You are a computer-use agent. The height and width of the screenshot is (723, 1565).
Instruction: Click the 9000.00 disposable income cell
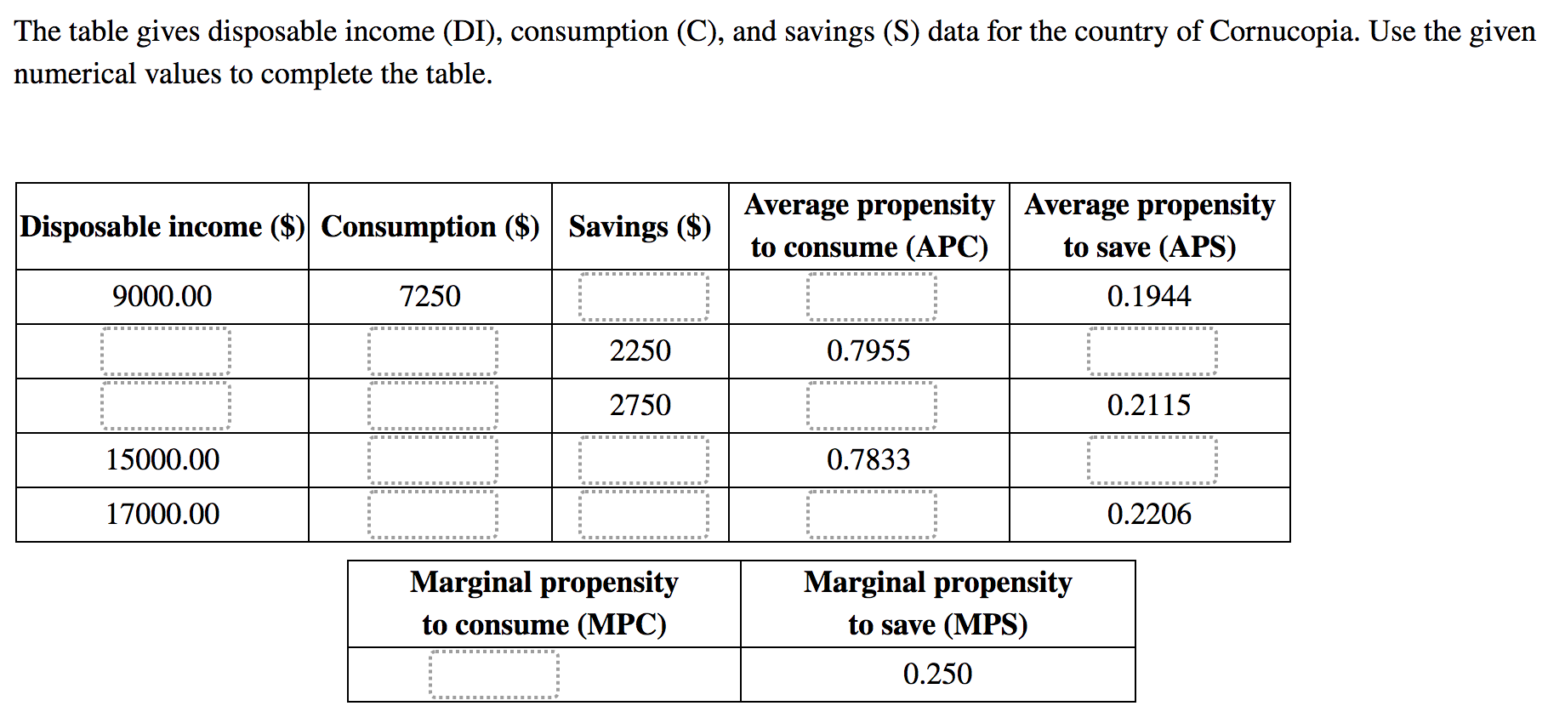[x=162, y=296]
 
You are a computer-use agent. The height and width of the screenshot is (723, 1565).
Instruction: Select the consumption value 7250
[x=430, y=296]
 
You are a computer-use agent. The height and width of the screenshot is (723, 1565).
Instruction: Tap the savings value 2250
[x=640, y=350]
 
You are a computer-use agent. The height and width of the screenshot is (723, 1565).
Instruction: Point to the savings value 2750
[x=640, y=405]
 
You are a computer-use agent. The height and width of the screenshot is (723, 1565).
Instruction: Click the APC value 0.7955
[x=868, y=350]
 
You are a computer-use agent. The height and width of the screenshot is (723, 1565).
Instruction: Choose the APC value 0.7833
[x=868, y=459]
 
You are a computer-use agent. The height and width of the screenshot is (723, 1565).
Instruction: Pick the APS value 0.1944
[x=1149, y=296]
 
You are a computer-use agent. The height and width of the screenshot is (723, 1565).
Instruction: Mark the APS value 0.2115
[x=1149, y=405]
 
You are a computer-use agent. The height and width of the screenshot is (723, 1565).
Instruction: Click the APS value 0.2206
[x=1149, y=514]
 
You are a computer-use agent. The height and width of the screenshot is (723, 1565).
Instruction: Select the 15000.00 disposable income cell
[x=162, y=459]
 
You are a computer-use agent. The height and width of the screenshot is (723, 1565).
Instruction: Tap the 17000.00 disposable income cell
[x=162, y=514]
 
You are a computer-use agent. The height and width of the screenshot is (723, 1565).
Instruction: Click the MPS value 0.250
[x=937, y=674]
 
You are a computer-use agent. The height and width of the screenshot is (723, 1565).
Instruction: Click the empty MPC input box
[x=493, y=675]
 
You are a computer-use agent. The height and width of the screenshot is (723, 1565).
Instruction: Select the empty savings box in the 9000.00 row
[x=643, y=297]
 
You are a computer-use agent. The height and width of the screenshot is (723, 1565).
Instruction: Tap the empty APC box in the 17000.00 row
[x=871, y=515]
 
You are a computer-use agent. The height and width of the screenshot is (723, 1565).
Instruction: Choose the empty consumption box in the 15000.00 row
[x=432, y=460]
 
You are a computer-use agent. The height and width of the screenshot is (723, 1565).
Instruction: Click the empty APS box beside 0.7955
[x=1152, y=351]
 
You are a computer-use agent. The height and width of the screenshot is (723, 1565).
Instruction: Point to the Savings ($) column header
[x=640, y=226]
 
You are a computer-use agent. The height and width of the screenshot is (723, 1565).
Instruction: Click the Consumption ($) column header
[x=430, y=226]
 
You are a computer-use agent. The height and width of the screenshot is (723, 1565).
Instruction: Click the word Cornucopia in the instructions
[x=1283, y=31]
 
